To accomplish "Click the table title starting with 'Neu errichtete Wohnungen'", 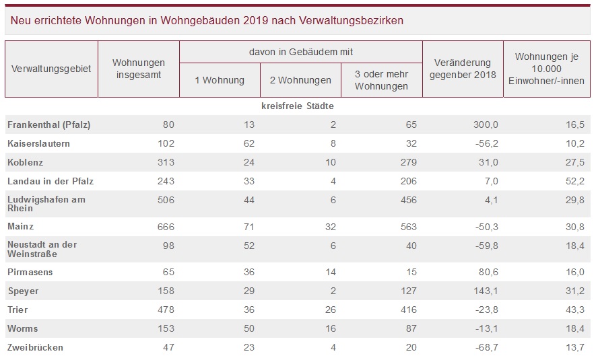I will pyautogui.click(x=207, y=20).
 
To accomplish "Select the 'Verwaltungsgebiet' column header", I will pyautogui.click(x=51, y=69).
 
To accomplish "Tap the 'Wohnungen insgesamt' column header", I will pyautogui.click(x=139, y=69).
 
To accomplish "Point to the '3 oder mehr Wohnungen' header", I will pyautogui.click(x=381, y=80).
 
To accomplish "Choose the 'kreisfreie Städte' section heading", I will pyautogui.click(x=298, y=106).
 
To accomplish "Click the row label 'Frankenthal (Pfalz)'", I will pyautogui.click(x=48, y=124).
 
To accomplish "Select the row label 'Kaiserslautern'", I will pyautogui.click(x=38, y=143).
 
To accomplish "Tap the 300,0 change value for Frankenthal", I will pyautogui.click(x=484, y=124).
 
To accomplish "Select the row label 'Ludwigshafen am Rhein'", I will pyautogui.click(x=46, y=204).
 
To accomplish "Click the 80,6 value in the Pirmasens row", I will pyautogui.click(x=487, y=273).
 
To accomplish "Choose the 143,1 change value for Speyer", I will pyautogui.click(x=484, y=291).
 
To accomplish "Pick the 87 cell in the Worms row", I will pyautogui.click(x=410, y=328).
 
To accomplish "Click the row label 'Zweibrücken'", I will pyautogui.click(x=35, y=347).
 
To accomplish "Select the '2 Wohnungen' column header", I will pyautogui.click(x=300, y=80).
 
